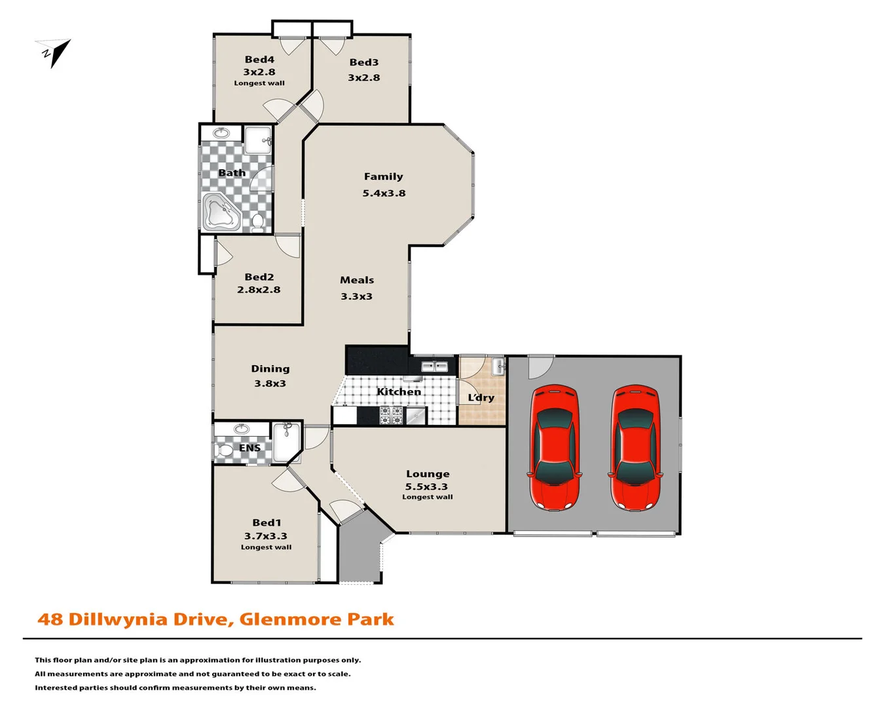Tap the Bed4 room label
point(259,60)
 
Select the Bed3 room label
point(364,62)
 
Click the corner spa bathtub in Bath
point(221,211)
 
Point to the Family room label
point(384,176)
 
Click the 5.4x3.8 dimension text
point(384,193)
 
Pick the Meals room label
point(357,280)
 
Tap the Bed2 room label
point(259,277)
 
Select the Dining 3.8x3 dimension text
point(270,383)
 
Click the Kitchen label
point(399,391)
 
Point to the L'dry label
point(481,397)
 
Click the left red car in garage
point(555,447)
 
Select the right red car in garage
point(635,447)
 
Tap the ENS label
point(249,448)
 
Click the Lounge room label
point(428,473)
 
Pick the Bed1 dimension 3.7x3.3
point(266,536)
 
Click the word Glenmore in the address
point(290,619)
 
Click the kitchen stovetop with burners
point(391,415)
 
